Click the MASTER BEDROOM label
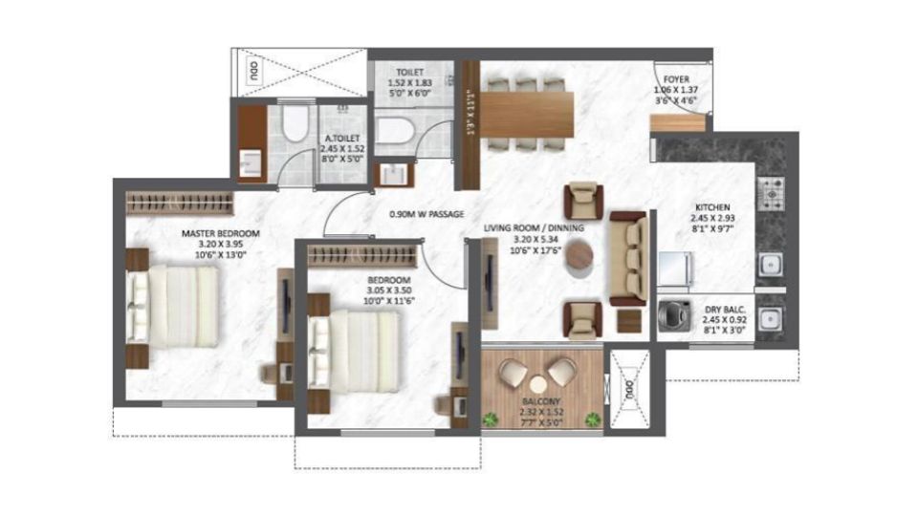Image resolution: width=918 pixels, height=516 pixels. tap(222, 233)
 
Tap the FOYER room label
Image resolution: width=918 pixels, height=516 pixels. tap(671, 81)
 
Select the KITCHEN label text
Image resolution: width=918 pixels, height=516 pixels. tap(713, 206)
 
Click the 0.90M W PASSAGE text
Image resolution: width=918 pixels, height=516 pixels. tap(426, 215)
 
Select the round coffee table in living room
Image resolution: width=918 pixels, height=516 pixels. tap(579, 256)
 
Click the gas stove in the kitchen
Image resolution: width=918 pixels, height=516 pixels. tap(771, 191)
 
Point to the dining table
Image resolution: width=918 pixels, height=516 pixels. tap(526, 114)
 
